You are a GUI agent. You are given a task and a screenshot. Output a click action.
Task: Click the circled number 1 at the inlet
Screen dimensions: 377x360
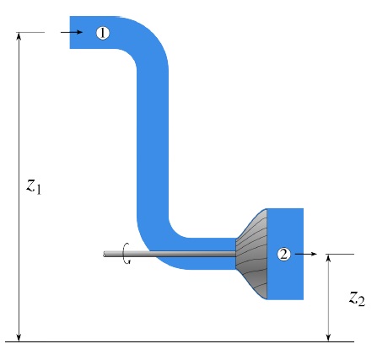[103, 33]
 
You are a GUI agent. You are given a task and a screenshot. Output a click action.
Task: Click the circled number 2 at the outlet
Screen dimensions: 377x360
[284, 254]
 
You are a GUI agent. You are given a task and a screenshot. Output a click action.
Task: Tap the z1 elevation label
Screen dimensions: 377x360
[34, 186]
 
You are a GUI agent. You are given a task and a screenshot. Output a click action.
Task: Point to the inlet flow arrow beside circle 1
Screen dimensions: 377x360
[72, 32]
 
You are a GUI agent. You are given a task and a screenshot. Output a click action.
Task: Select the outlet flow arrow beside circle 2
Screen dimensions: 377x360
[306, 254]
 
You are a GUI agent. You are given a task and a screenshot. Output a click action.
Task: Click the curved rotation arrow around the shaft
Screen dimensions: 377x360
[125, 253]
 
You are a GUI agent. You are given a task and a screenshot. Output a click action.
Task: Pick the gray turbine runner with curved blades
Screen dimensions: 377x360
[251, 254]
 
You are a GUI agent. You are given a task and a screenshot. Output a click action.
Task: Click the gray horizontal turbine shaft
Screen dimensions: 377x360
[170, 254]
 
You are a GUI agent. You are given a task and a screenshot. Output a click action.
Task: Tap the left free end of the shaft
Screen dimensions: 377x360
[104, 254]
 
